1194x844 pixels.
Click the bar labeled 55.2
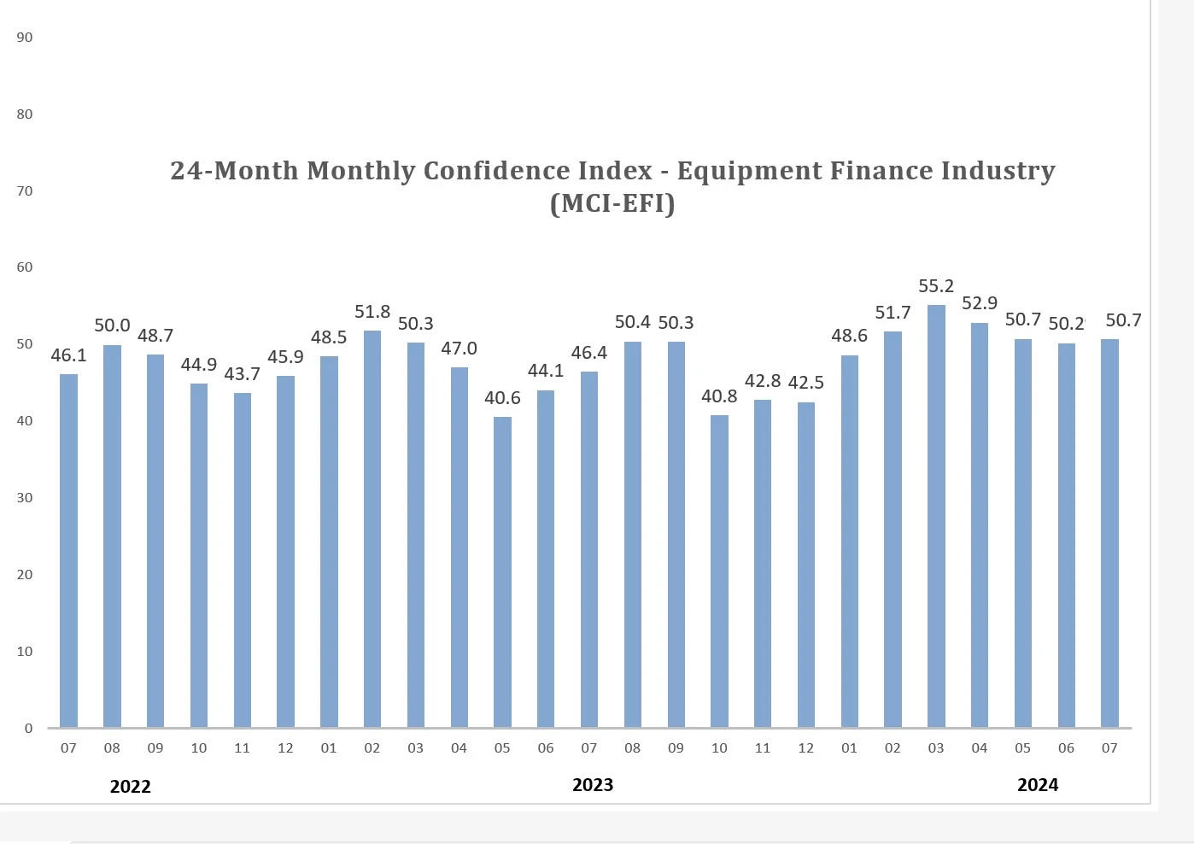coord(936,516)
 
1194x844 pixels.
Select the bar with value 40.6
coord(502,572)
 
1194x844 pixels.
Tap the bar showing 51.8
coord(372,530)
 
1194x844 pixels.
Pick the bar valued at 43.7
coord(242,560)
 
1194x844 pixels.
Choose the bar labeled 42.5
coord(805,565)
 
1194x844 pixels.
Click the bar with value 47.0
coord(459,548)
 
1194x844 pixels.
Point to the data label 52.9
coord(979,303)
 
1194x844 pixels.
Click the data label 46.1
coord(68,355)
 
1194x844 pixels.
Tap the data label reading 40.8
coord(719,396)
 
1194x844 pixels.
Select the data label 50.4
coord(632,322)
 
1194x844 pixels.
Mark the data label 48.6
coord(849,336)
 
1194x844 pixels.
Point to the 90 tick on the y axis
coord(25,38)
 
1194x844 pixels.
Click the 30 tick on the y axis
coord(25,498)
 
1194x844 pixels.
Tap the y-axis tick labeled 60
coord(25,267)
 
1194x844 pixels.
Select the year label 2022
coord(130,787)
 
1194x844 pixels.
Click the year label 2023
coord(593,785)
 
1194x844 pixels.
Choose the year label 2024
coord(1038,785)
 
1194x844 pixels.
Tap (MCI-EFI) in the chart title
coord(612,204)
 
